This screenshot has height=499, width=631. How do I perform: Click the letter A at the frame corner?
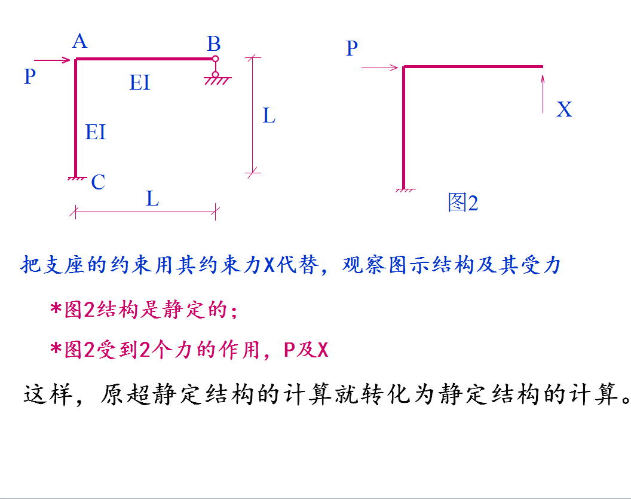[x=79, y=41]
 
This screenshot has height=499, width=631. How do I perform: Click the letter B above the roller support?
[x=213, y=44]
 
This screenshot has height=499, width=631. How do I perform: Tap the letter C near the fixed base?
[x=98, y=182]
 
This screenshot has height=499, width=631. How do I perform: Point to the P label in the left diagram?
[x=29, y=76]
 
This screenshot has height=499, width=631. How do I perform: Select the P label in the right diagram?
[x=352, y=48]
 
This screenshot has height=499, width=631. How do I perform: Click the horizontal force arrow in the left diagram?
[x=53, y=60]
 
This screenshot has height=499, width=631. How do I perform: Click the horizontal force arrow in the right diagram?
[x=380, y=68]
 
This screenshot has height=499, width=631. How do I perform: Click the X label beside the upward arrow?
[x=564, y=109]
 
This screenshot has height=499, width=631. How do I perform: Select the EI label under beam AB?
[x=140, y=82]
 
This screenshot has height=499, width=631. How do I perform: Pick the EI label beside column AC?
[x=96, y=132]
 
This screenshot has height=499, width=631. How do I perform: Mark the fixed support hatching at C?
[x=75, y=177]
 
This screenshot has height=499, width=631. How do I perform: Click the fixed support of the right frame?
[x=405, y=190]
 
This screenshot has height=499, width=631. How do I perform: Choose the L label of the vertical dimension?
[x=269, y=115]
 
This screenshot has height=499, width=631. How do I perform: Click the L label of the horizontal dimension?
[x=152, y=198]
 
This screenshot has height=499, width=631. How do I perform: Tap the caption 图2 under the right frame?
[x=463, y=203]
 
